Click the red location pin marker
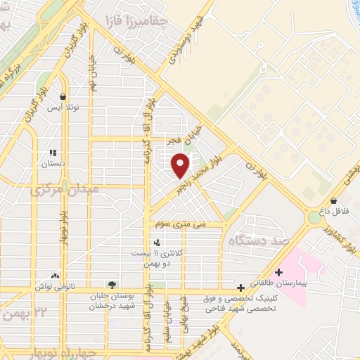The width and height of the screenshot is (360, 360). pyautogui.click(x=181, y=165)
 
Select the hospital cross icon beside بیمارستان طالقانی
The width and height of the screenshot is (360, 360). pyautogui.click(x=279, y=272)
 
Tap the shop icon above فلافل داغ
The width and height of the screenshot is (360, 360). pyautogui.click(x=333, y=200)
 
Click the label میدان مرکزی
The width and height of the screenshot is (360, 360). pyautogui.click(x=63, y=190)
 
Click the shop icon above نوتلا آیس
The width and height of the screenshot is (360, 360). pyautogui.click(x=63, y=98)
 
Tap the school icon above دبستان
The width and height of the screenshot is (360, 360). pyautogui.click(x=52, y=152)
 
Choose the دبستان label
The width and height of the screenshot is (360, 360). pyautogui.click(x=53, y=163)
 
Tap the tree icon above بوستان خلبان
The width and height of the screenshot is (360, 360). pyautogui.click(x=112, y=285)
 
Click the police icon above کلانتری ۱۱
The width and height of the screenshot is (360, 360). pyautogui.click(x=156, y=242)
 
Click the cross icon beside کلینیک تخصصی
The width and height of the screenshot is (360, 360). pyautogui.click(x=241, y=287)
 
